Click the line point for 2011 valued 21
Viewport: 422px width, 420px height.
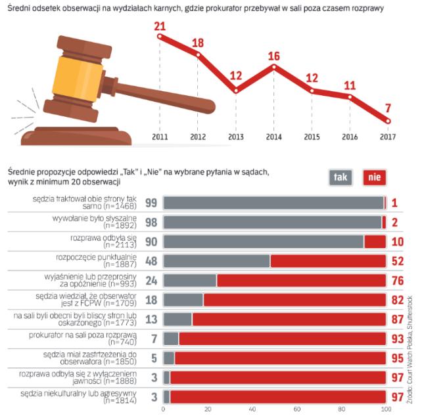[159, 36]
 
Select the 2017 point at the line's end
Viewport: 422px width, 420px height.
[388, 121]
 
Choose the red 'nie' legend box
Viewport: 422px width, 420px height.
[374, 177]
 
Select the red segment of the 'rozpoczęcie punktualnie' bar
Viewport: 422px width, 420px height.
[327, 261]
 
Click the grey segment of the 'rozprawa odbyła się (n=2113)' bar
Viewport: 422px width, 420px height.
[263, 241]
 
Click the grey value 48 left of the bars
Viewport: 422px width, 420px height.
[151, 261]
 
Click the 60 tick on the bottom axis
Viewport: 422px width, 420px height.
[296, 411]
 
